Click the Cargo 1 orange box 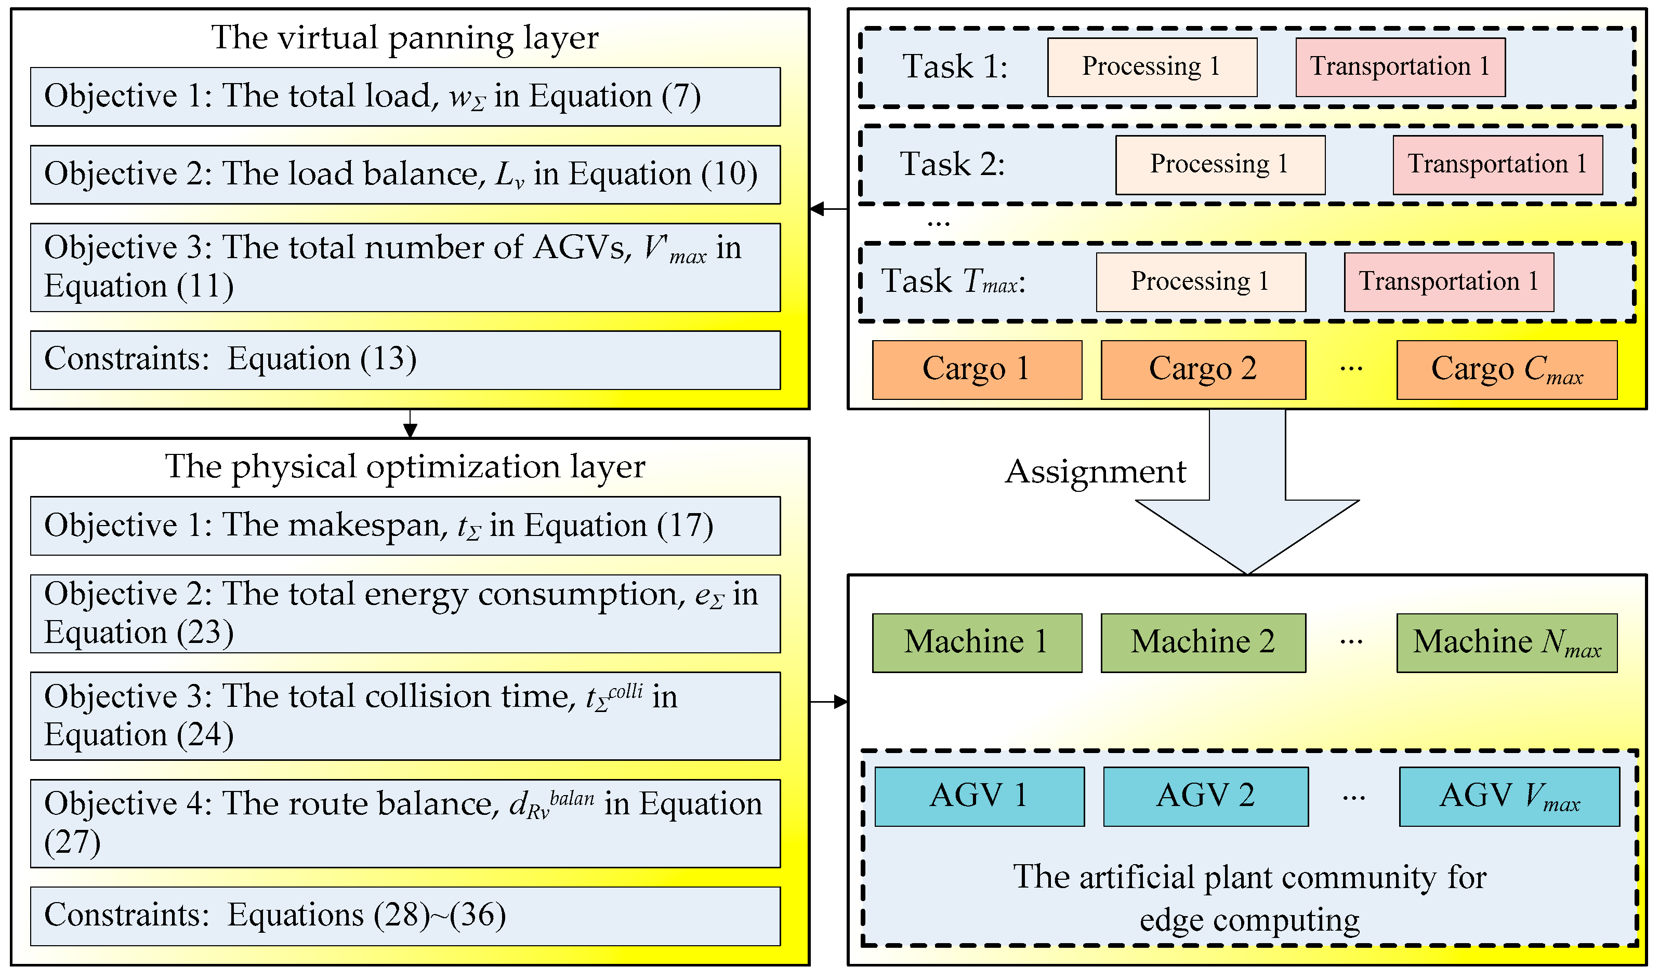(977, 370)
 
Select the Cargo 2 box (1203, 370)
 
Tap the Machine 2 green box (1203, 642)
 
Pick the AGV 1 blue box (979, 796)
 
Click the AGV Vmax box (1508, 796)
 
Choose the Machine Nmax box (1506, 642)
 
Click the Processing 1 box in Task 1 (1152, 66)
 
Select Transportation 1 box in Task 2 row (1497, 165)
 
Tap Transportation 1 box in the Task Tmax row (1448, 282)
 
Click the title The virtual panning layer (404, 37)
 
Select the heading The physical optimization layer (404, 467)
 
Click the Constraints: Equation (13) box (404, 360)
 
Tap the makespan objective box (404, 526)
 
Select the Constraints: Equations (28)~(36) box (404, 916)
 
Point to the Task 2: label (952, 165)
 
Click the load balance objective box (404, 174)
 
